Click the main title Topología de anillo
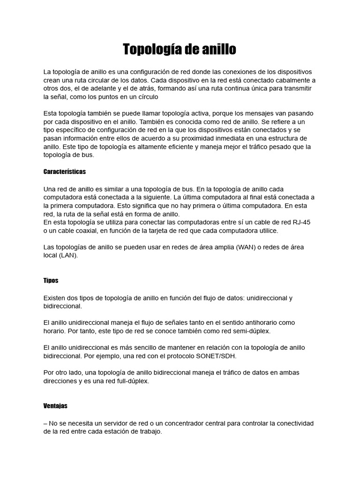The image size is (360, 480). click(180, 49)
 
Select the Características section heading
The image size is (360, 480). click(64, 172)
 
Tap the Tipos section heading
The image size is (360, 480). click(51, 280)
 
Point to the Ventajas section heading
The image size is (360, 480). click(55, 406)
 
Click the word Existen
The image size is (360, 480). click(55, 298)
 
